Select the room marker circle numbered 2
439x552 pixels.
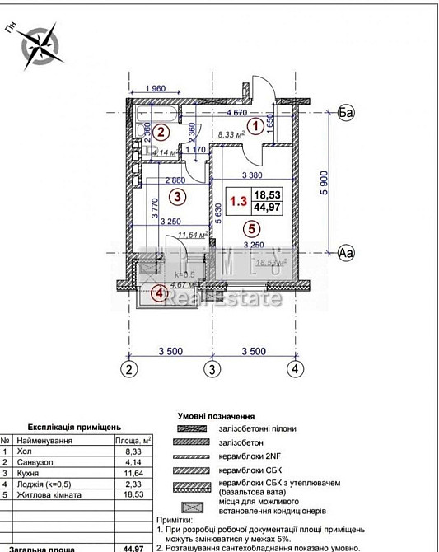coord(161,132)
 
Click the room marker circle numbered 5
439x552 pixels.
coord(251,230)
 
